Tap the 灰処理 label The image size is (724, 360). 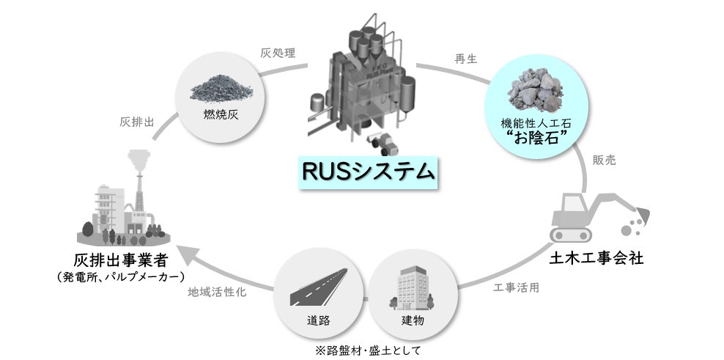(x=277, y=53)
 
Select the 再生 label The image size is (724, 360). (x=466, y=59)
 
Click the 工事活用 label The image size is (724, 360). (x=517, y=287)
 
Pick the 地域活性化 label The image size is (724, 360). (x=216, y=291)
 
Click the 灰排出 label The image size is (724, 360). (x=136, y=122)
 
